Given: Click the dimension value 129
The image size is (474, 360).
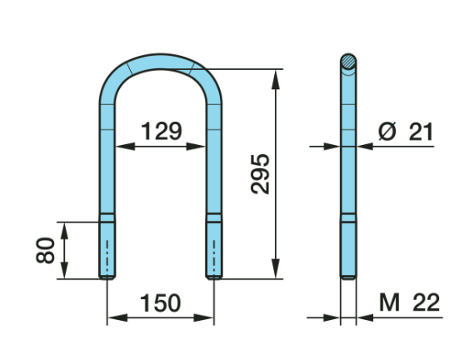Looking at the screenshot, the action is (x=162, y=131).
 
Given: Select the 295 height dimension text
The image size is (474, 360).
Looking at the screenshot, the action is (x=260, y=174).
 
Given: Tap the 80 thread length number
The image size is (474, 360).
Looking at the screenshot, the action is (x=45, y=250).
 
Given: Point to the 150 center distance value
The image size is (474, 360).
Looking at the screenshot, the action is (x=161, y=302).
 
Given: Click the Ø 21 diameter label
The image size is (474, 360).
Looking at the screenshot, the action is (x=406, y=132).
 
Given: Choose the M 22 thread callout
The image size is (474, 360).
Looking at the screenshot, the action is (x=409, y=302).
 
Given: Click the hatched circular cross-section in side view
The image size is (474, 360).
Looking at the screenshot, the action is (x=348, y=62).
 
